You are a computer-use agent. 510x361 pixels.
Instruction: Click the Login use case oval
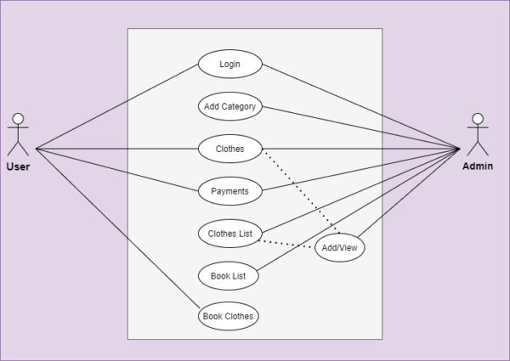(x=229, y=64)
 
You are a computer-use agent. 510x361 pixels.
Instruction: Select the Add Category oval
(x=229, y=106)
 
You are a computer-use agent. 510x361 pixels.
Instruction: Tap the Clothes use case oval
(x=229, y=149)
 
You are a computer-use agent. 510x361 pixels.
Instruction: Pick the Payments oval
(x=229, y=191)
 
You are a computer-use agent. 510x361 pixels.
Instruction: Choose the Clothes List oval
(x=229, y=233)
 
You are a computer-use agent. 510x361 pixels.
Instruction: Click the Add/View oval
(x=340, y=248)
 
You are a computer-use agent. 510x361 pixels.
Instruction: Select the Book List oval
(x=227, y=275)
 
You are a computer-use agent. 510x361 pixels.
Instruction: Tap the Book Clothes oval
(x=227, y=316)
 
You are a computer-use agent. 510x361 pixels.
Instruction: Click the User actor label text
(x=18, y=166)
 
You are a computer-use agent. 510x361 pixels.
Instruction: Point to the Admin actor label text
(x=478, y=166)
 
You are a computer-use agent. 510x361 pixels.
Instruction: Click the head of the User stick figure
(x=18, y=118)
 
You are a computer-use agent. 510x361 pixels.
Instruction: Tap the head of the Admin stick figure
(x=478, y=118)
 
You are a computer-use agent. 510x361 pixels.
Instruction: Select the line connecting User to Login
(x=119, y=106)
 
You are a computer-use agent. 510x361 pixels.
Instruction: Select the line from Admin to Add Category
(x=357, y=127)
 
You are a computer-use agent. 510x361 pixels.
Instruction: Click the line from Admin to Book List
(x=357, y=212)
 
